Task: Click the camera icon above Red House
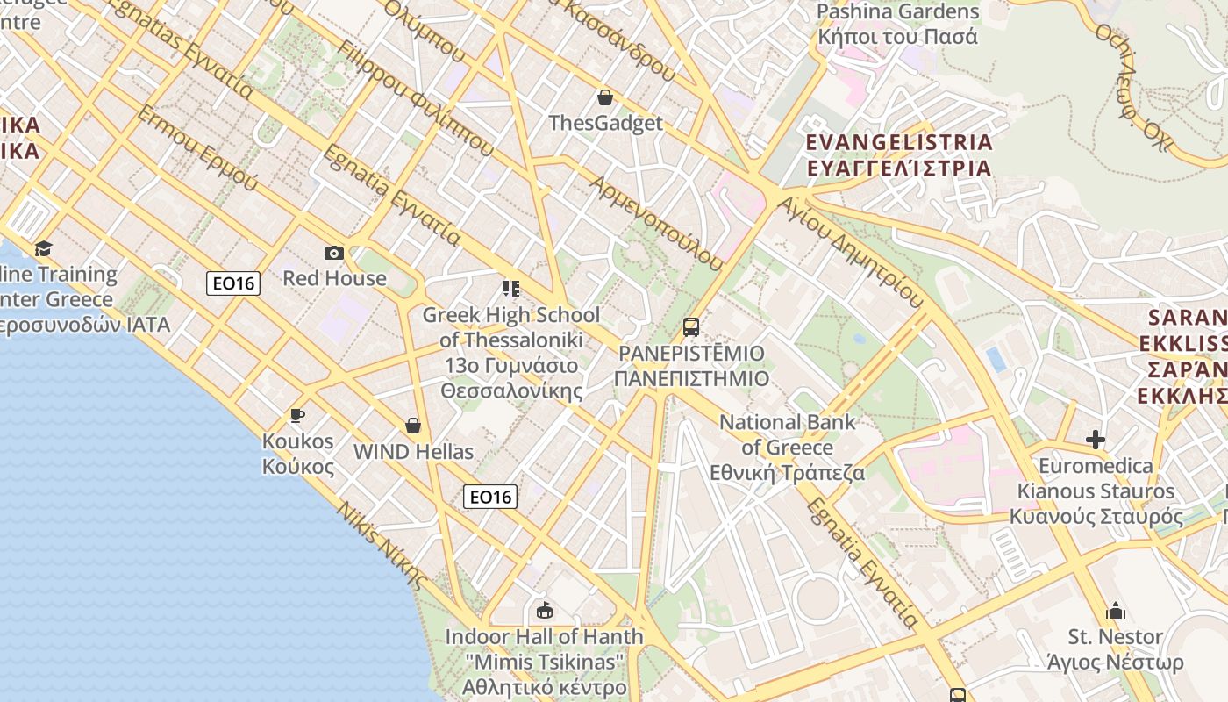tap(334, 254)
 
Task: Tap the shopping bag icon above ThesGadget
tap(604, 97)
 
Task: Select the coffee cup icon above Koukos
tap(297, 415)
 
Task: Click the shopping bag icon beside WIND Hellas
tap(413, 426)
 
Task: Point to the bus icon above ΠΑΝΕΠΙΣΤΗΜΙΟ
tap(691, 327)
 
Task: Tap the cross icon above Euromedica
tap(1096, 440)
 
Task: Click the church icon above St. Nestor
tap(1116, 611)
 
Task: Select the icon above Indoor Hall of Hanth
tap(545, 610)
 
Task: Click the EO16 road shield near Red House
tap(233, 283)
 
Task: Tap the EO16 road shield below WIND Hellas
tap(490, 497)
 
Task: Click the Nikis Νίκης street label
tap(382, 546)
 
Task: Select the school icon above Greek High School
tap(511, 288)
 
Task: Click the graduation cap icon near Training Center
tap(43, 248)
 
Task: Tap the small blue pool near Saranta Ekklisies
tap(996, 359)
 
